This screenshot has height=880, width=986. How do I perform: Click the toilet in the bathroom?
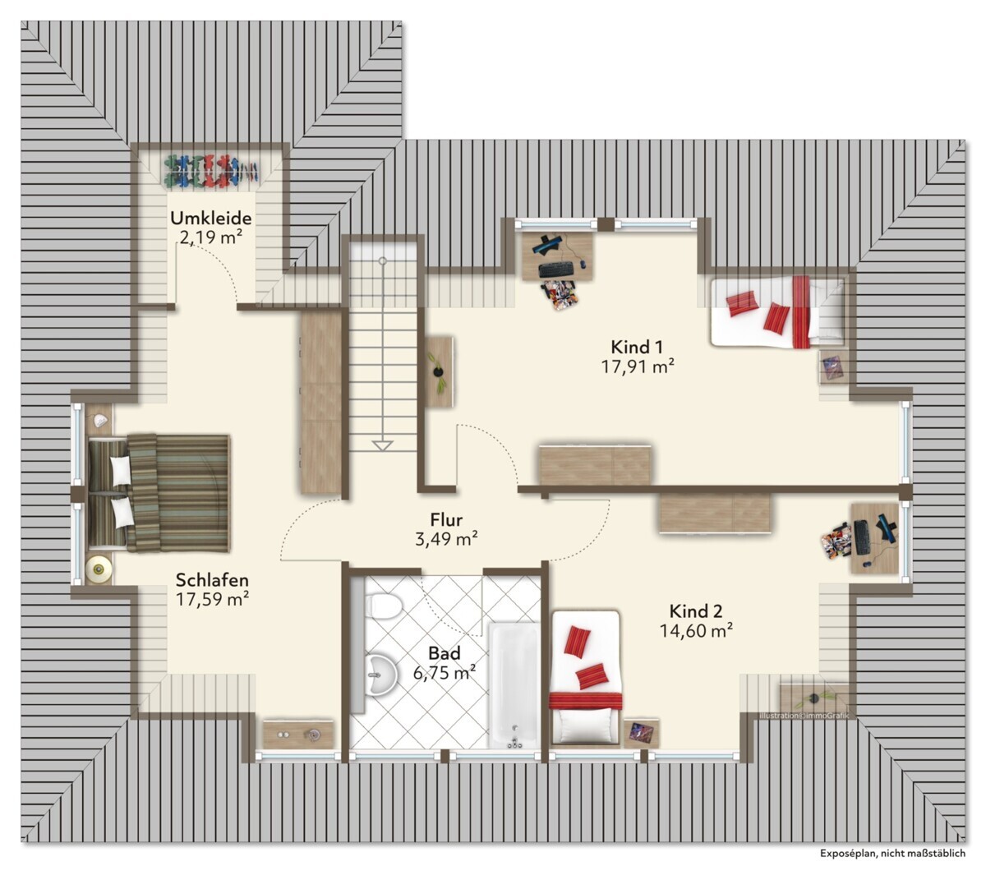[384, 606]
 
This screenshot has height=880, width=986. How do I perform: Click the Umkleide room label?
[210, 218]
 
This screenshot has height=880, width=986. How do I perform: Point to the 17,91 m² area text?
[638, 366]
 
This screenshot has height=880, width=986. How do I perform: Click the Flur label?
[446, 519]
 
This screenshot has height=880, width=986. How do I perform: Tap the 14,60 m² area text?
[696, 630]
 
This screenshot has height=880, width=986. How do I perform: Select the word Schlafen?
[212, 580]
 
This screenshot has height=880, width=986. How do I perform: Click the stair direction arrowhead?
[382, 445]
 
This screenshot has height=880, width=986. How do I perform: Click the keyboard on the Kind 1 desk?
[557, 270]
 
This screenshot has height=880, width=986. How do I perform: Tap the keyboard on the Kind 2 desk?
[861, 537]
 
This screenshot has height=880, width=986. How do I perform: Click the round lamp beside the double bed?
[99, 569]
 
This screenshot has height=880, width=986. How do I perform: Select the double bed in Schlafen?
[159, 494]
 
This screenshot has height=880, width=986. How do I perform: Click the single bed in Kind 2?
[586, 678]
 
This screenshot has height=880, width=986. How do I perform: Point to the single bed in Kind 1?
[776, 312]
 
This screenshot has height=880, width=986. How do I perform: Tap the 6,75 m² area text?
[444, 673]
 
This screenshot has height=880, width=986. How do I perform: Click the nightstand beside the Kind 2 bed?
[642, 734]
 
